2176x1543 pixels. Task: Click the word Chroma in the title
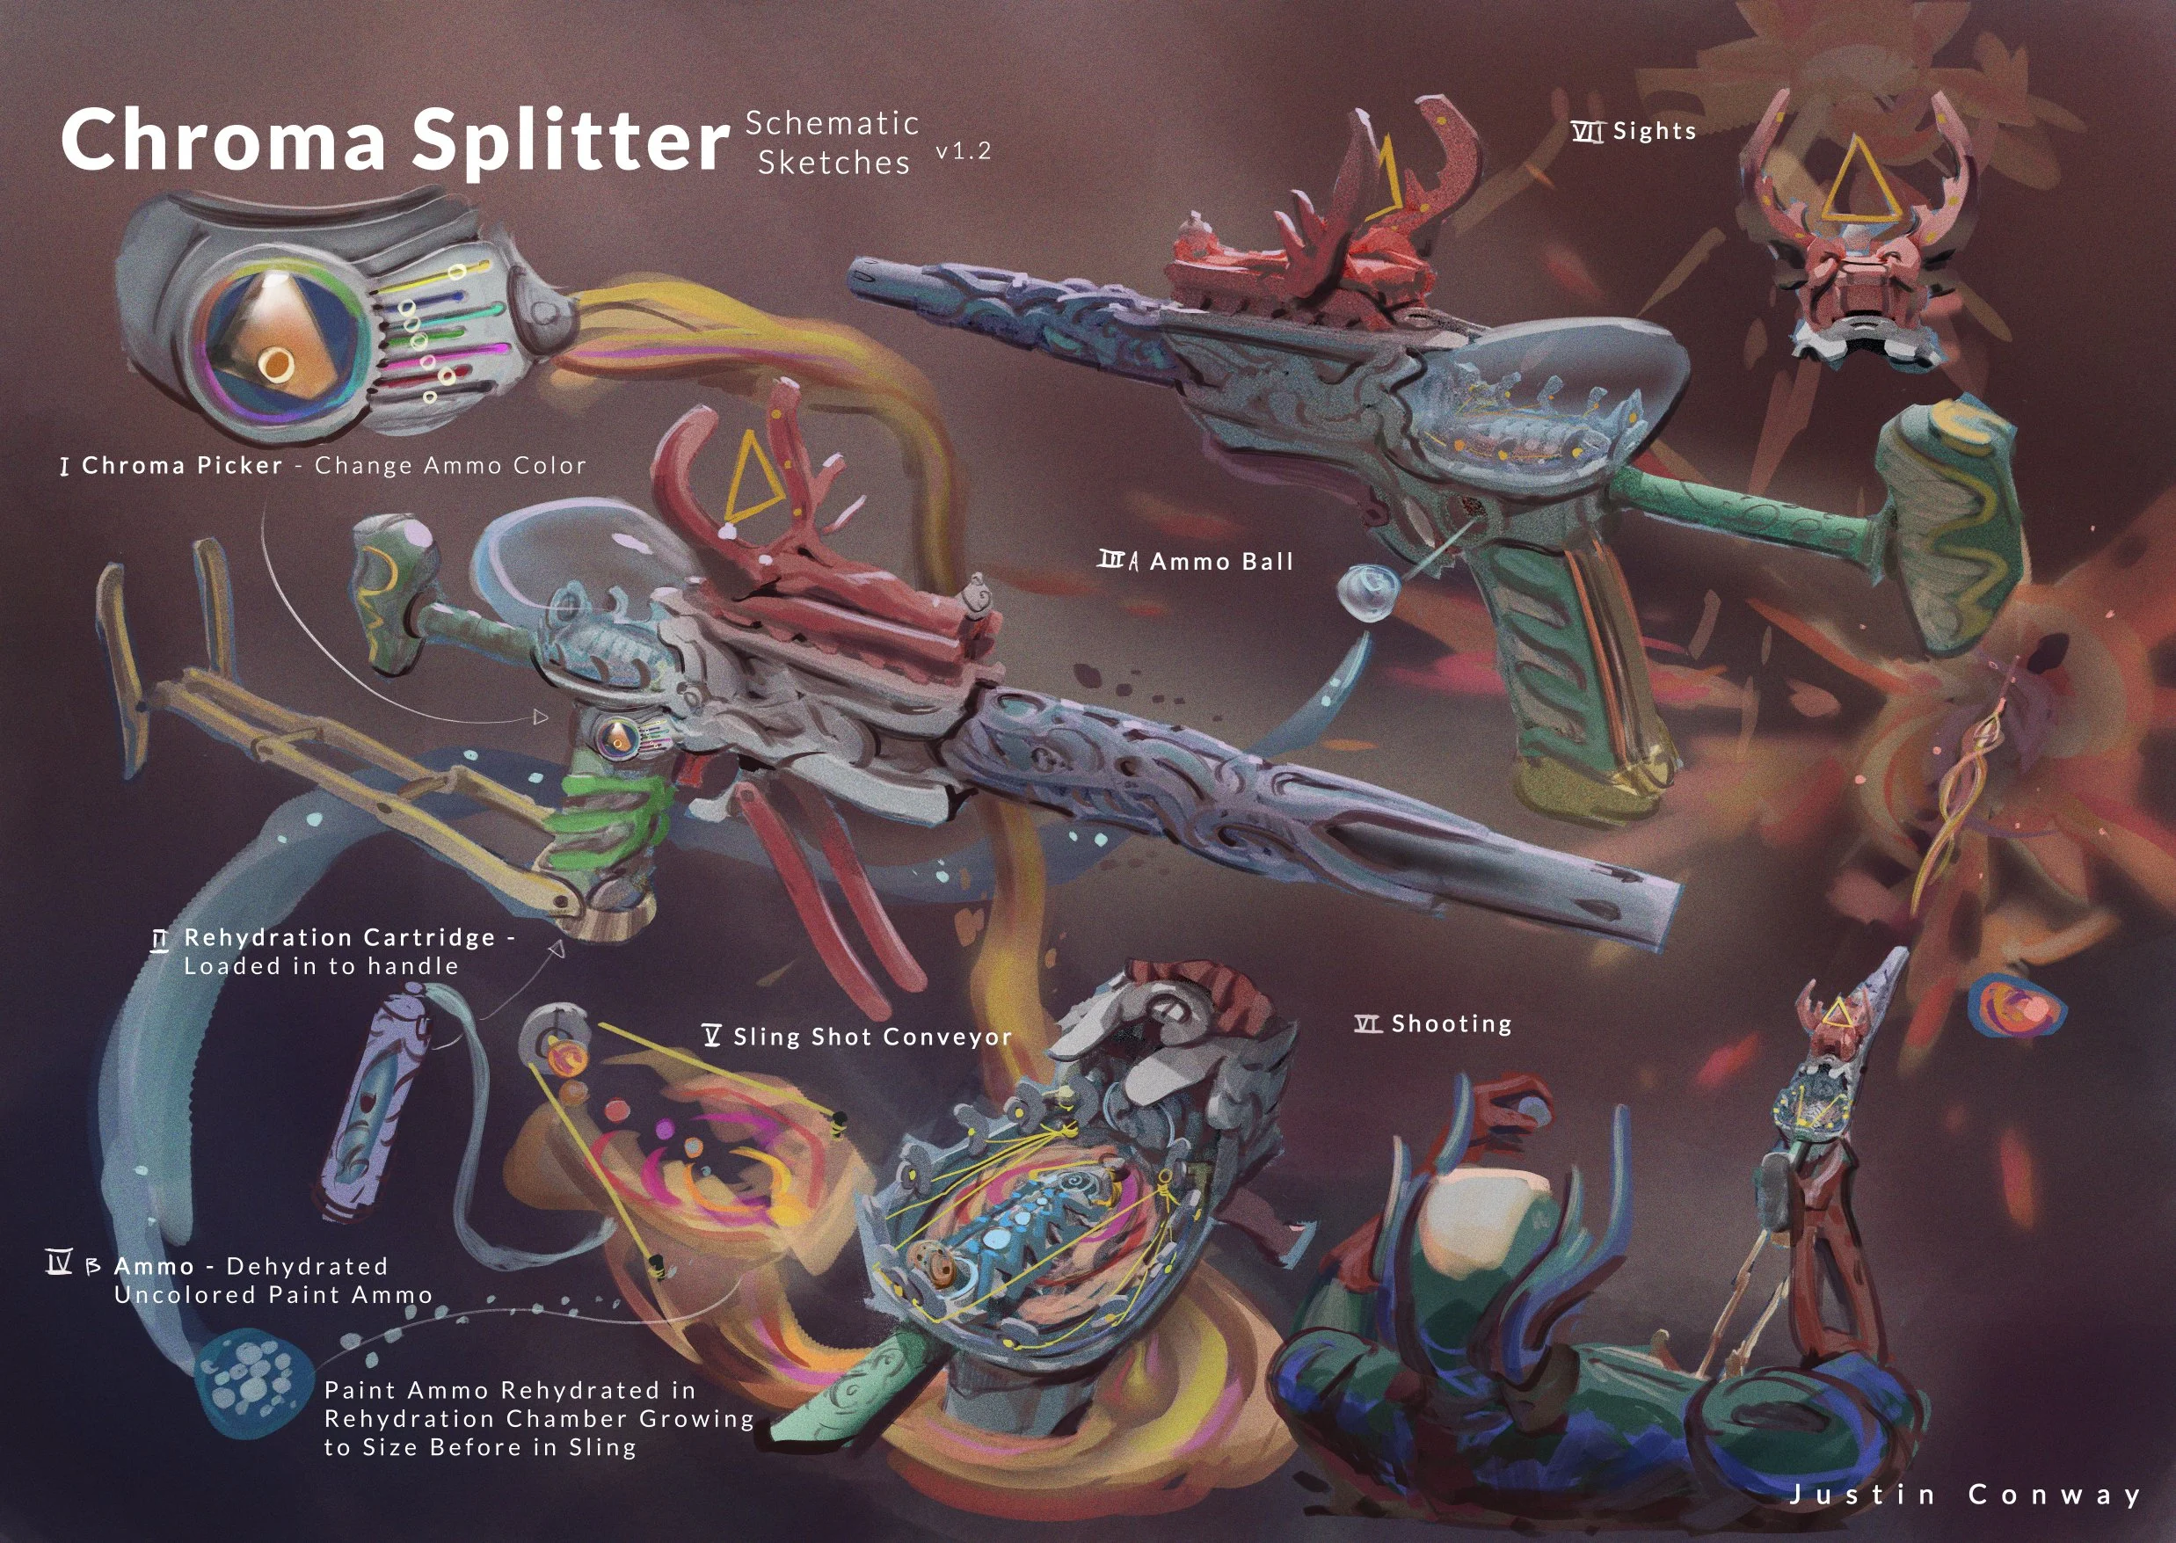(x=224, y=139)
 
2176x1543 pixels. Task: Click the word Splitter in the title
(x=570, y=142)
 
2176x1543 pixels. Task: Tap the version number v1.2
(x=964, y=151)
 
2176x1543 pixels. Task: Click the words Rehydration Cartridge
(x=340, y=938)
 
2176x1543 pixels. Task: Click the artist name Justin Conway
(x=1965, y=1495)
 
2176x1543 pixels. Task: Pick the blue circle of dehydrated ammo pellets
(x=255, y=1383)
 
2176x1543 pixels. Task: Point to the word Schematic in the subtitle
(x=833, y=122)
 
